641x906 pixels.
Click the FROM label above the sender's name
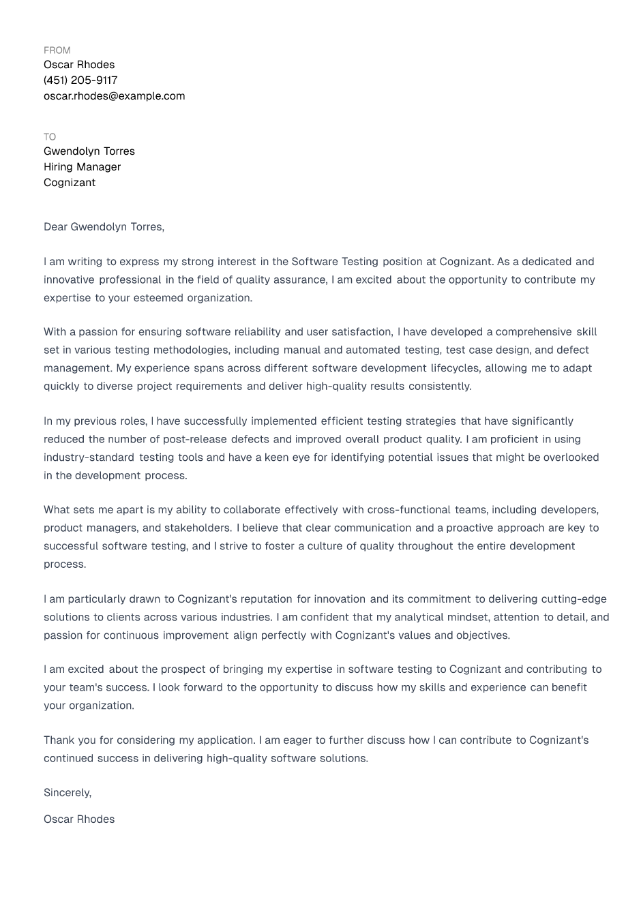pyautogui.click(x=57, y=50)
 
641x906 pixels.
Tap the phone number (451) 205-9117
pyautogui.click(x=80, y=80)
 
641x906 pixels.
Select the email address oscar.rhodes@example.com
pyautogui.click(x=114, y=96)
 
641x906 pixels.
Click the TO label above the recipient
pyautogui.click(x=50, y=137)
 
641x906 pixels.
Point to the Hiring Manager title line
pyautogui.click(x=82, y=167)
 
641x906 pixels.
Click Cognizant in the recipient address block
pyautogui.click(x=70, y=183)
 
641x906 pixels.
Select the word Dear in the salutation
pyautogui.click(x=55, y=227)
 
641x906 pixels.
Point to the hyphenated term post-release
pyautogui.click(x=194, y=440)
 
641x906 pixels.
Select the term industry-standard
pyautogui.click(x=89, y=457)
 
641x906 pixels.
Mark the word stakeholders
pyautogui.click(x=198, y=528)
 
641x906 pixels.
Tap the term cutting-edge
pyautogui.click(x=573, y=599)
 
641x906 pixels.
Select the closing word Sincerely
pyautogui.click(x=67, y=793)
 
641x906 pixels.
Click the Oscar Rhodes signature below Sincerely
pyautogui.click(x=79, y=819)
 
